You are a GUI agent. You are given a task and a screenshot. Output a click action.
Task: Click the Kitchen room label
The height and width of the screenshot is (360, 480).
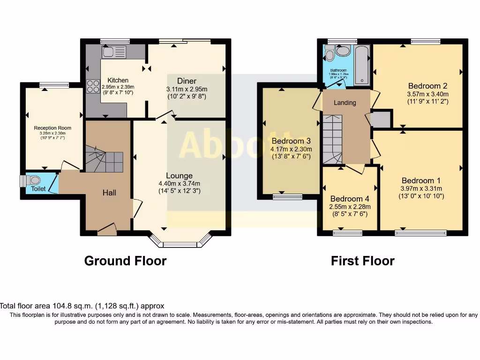[x=115, y=80]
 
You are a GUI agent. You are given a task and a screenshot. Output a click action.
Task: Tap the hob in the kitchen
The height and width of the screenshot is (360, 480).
[x=93, y=86]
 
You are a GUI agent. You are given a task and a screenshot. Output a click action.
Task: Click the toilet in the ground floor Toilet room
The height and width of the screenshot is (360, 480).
[x=34, y=180]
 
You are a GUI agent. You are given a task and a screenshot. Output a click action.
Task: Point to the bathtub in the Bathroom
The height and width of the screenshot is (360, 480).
[x=362, y=66]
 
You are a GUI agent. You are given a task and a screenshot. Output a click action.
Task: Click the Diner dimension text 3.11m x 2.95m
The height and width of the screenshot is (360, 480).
[x=187, y=89]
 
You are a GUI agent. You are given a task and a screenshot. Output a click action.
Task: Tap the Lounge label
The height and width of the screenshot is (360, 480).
[x=180, y=176]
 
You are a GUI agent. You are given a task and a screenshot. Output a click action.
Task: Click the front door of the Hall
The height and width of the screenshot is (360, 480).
[x=107, y=229]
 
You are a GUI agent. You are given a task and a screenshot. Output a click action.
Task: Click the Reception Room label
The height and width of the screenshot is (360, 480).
[x=52, y=127]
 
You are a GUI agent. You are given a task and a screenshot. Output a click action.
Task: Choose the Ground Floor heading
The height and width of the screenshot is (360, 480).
[x=125, y=261]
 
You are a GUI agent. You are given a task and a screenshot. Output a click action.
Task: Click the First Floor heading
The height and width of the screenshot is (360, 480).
[x=362, y=261]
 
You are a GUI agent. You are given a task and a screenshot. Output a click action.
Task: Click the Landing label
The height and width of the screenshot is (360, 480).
[x=345, y=103]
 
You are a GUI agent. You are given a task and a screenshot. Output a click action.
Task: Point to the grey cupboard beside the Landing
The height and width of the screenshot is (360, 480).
[x=382, y=119]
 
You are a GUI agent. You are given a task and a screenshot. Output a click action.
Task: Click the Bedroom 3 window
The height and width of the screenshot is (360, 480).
[x=287, y=197]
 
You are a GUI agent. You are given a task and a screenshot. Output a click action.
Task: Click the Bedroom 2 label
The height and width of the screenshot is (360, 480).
[x=427, y=86]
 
